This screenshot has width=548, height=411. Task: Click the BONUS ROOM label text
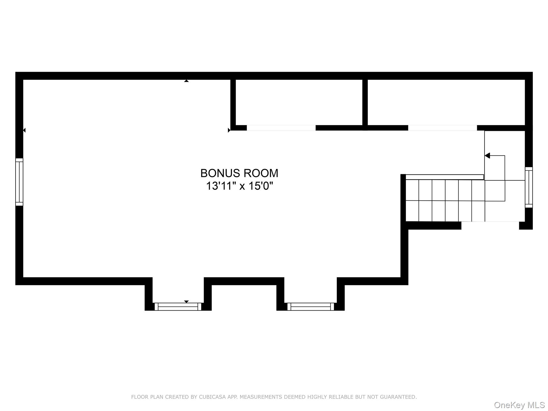pyautogui.click(x=239, y=173)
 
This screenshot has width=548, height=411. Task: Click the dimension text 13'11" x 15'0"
pyautogui.click(x=239, y=186)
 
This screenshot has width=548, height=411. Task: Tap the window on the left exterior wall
pyautogui.click(x=19, y=182)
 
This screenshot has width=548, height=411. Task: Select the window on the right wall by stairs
pyautogui.click(x=529, y=187)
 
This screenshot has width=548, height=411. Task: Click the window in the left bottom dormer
pyautogui.click(x=178, y=307)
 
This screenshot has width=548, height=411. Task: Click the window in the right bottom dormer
pyautogui.click(x=310, y=307)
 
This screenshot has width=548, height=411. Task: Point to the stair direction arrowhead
pyautogui.click(x=488, y=155)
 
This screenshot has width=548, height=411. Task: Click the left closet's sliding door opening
pyautogui.click(x=281, y=128)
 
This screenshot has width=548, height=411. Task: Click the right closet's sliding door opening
pyautogui.click(x=442, y=128)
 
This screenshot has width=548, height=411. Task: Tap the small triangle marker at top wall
pyautogui.click(x=187, y=81)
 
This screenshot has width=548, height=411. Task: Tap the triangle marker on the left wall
pyautogui.click(x=24, y=130)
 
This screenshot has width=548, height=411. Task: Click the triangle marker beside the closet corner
pyautogui.click(x=229, y=130)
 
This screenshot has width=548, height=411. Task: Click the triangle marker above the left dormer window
pyautogui.click(x=187, y=302)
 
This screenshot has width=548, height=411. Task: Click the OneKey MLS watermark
pyautogui.click(x=519, y=405)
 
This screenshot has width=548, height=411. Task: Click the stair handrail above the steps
pyautogui.click(x=444, y=177)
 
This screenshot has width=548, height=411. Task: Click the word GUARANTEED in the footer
pyautogui.click(x=400, y=397)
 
